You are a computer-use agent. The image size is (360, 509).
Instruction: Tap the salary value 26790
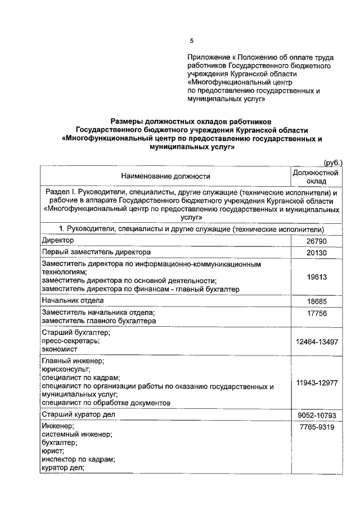(x=317, y=241)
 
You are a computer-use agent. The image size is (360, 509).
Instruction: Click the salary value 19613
(x=317, y=277)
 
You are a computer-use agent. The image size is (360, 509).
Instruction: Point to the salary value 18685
(x=317, y=302)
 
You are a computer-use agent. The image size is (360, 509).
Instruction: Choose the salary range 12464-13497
(x=317, y=341)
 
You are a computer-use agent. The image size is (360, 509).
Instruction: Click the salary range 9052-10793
(x=317, y=416)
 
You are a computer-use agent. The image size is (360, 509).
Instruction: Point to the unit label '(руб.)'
(x=330, y=162)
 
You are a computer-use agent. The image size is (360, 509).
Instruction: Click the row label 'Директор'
(x=58, y=240)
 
